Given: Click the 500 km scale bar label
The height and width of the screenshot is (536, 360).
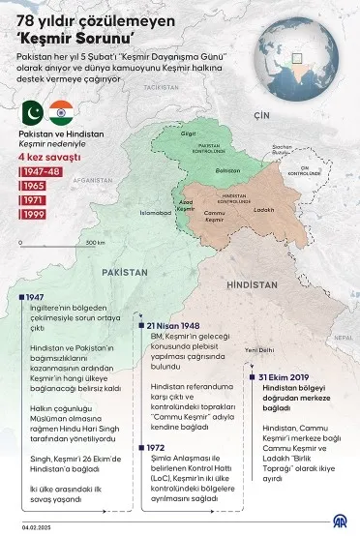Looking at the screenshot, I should coord(95,243).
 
